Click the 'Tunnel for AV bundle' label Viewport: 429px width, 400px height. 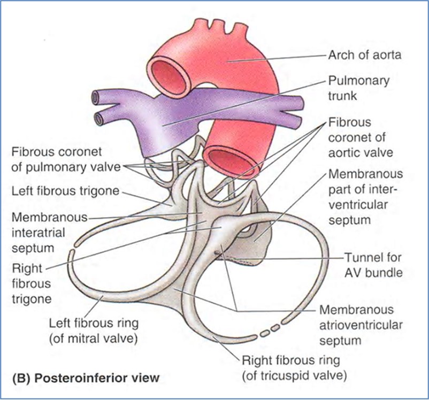(x=373, y=265)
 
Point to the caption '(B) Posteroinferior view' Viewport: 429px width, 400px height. (x=86, y=378)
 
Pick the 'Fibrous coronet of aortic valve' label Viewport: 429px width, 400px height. (x=361, y=137)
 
